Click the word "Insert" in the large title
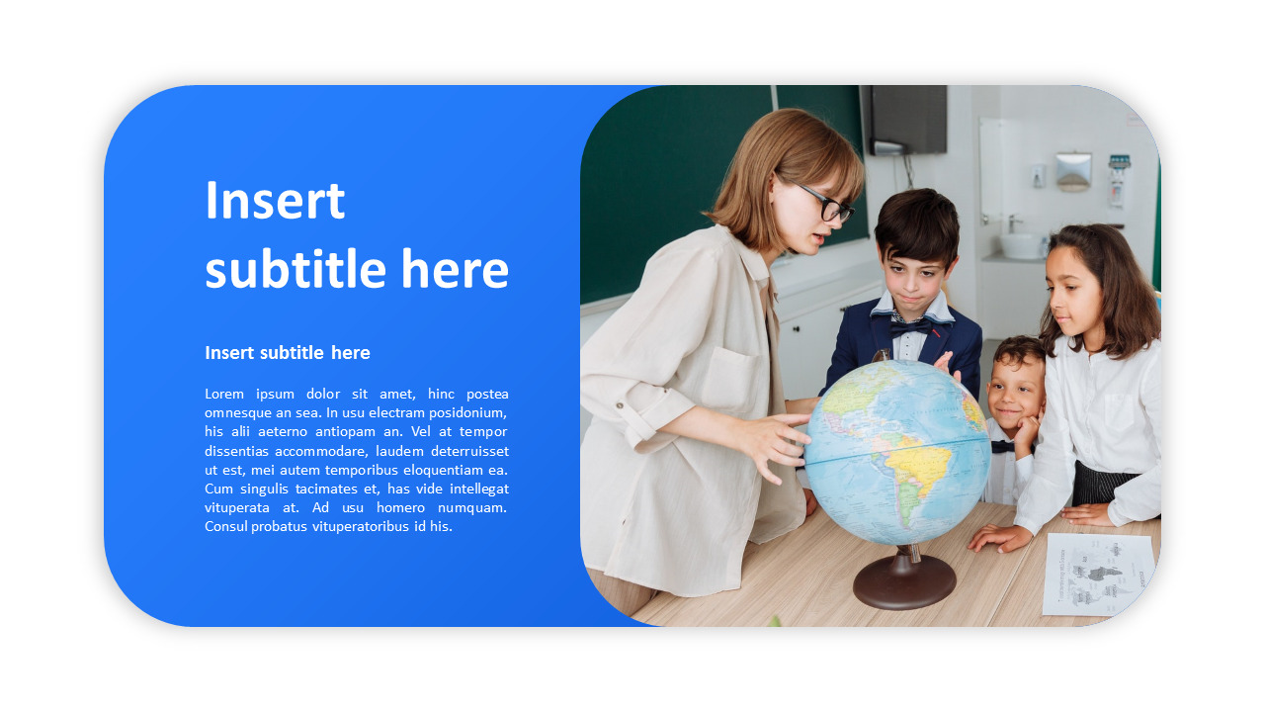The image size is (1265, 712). pyautogui.click(x=275, y=201)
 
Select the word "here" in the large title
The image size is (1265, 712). pyautogui.click(x=463, y=269)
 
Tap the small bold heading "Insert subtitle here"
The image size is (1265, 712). pyautogui.click(x=288, y=353)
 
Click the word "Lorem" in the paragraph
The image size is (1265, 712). pyautogui.click(x=224, y=394)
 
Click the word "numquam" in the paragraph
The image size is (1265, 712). pyautogui.click(x=472, y=507)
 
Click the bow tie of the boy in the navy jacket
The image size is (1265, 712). pyautogui.click(x=909, y=327)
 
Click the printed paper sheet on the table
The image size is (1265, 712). pyautogui.click(x=1097, y=574)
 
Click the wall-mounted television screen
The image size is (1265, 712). pyautogui.click(x=908, y=118)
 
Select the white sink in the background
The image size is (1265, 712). pyautogui.click(x=1023, y=244)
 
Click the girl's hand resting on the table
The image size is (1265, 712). pyautogui.click(x=1000, y=538)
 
